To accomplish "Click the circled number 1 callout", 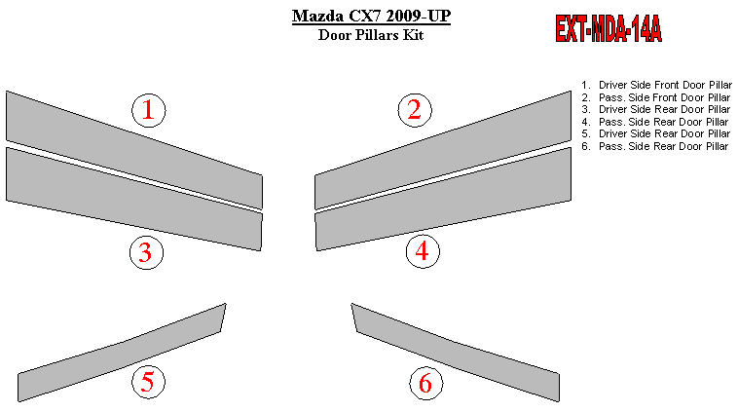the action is tap(148, 110).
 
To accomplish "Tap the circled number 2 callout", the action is tap(415, 110).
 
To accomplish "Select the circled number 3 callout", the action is tap(146, 253).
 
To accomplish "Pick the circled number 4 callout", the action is tap(423, 251).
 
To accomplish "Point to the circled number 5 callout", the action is tap(148, 382).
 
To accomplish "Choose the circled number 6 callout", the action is tap(425, 383).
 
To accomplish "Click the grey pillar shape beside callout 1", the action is tap(134, 150).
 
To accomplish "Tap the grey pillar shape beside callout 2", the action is tap(443, 150).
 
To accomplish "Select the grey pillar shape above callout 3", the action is tap(134, 199).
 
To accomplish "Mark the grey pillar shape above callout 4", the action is tap(443, 199).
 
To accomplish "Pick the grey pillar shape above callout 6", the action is tap(454, 354).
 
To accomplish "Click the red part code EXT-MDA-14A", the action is tap(609, 28).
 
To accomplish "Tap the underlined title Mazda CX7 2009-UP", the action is tap(371, 16).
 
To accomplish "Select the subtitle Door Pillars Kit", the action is tap(371, 35).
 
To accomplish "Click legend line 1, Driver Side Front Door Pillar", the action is tap(656, 86).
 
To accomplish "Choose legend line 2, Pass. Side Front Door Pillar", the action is tap(655, 97).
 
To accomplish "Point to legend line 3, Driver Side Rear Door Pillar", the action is tap(655, 109).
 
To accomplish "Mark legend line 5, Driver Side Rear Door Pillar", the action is tap(655, 133).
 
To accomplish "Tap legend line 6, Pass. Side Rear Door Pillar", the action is tap(654, 146).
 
